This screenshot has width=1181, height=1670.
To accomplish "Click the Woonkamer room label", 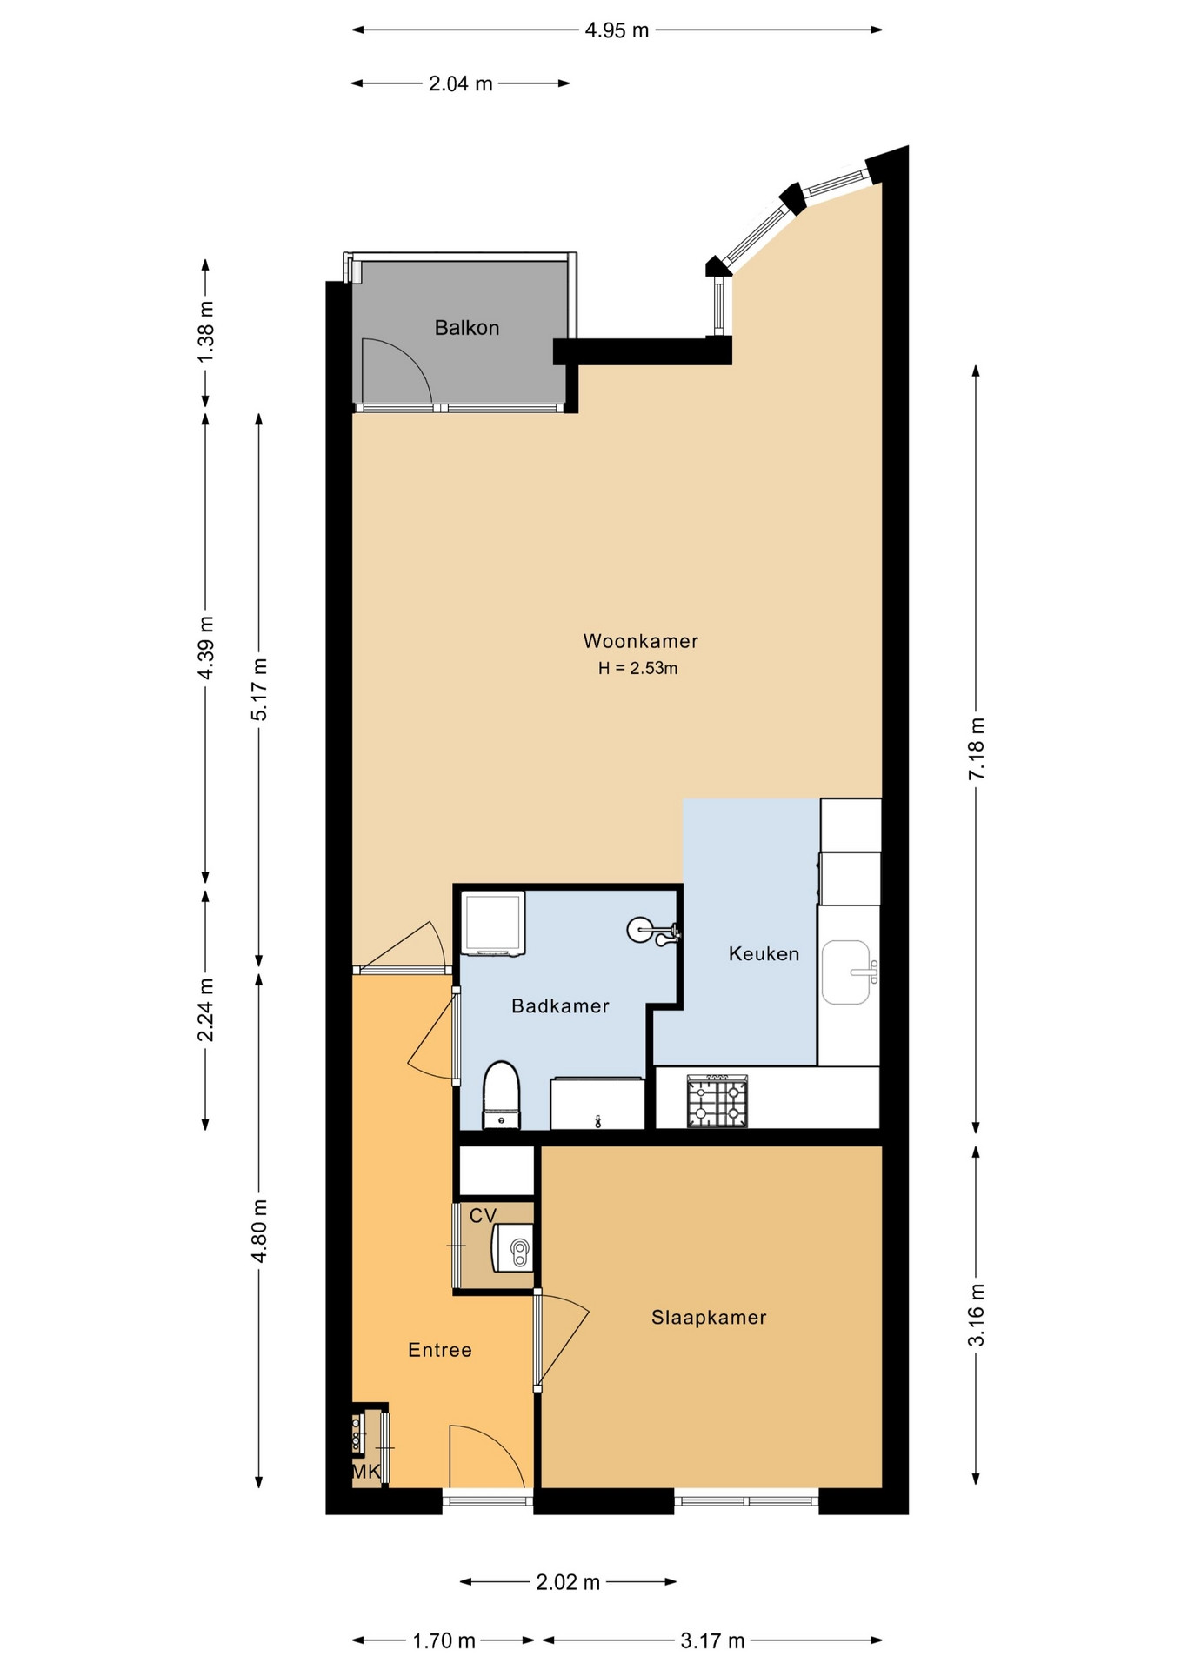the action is [641, 641].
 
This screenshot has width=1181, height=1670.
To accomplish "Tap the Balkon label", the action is [467, 328].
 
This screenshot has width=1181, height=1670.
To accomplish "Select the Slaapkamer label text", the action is [709, 1317].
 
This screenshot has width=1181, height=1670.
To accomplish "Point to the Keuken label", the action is [764, 953].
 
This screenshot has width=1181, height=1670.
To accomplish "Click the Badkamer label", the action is [560, 1005].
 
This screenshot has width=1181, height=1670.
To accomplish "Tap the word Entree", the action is [440, 1349].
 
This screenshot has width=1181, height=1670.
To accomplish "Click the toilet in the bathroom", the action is [501, 1094].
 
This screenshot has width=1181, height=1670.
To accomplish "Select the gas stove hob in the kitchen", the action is [717, 1100].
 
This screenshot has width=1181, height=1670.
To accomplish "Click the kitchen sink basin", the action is [846, 972].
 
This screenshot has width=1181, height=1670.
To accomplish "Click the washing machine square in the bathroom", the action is [494, 923].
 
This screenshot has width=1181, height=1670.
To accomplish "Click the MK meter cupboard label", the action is [366, 1472].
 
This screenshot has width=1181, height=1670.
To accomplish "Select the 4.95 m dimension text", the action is [617, 30].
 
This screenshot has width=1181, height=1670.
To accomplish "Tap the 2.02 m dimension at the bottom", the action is [568, 1581].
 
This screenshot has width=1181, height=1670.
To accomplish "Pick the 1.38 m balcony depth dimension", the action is [206, 332].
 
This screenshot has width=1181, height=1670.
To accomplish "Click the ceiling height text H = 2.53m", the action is [637, 668].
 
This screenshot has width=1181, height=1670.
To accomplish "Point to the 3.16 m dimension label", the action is [977, 1314].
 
